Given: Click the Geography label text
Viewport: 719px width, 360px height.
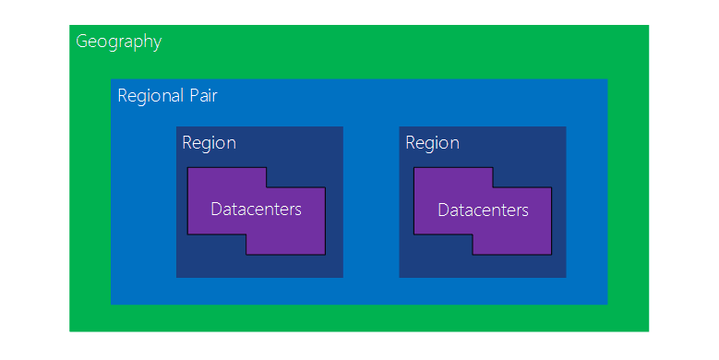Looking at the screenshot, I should click(x=118, y=42).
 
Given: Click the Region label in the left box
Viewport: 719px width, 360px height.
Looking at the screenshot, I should click(x=209, y=143).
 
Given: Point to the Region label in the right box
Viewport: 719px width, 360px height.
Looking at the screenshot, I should click(x=432, y=143).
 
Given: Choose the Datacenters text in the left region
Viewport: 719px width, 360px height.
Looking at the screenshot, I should click(x=256, y=210).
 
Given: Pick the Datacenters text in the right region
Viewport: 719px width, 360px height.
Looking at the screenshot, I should click(x=483, y=210).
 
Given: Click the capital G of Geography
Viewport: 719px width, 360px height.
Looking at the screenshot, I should click(x=82, y=42).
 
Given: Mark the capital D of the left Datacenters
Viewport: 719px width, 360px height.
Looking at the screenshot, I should click(x=216, y=210).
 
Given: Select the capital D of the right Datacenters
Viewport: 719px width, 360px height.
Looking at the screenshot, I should click(x=443, y=210).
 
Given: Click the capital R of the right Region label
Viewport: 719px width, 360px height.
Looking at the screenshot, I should click(x=411, y=143).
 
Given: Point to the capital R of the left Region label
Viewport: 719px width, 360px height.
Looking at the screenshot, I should click(x=187, y=143).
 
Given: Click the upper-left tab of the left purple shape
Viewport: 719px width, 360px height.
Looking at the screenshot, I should click(x=226, y=177).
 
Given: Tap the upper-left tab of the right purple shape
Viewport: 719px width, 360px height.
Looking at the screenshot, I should click(x=452, y=177).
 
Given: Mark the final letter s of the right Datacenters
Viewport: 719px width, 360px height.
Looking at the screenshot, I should click(x=525, y=210).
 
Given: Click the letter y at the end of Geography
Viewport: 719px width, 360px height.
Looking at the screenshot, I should click(x=157, y=43).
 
